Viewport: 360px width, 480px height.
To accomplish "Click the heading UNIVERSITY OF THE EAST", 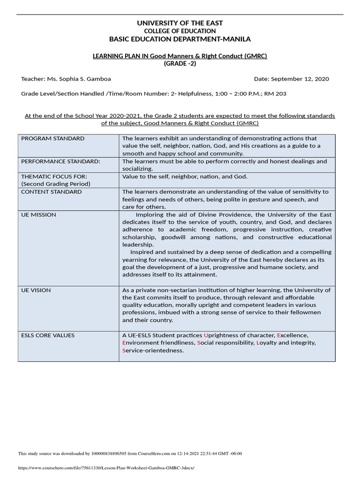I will tap(180, 23).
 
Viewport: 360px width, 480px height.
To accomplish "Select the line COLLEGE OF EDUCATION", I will tap(180, 31).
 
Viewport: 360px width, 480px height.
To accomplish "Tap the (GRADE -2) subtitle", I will tap(180, 64).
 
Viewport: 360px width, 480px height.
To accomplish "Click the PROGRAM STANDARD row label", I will tap(53, 139).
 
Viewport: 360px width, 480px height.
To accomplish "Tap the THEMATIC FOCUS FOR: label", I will tap(54, 177).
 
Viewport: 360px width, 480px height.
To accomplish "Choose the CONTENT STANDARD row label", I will tap(52, 192).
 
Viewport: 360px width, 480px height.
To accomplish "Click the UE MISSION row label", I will tap(39, 215).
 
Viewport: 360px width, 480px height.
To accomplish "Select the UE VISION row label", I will tap(36, 291).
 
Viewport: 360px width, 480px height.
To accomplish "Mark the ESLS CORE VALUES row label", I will tap(48, 336).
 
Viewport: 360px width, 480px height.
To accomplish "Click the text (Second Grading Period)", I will tap(56, 184).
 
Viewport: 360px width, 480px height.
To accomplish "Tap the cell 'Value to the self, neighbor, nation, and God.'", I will tap(185, 177).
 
